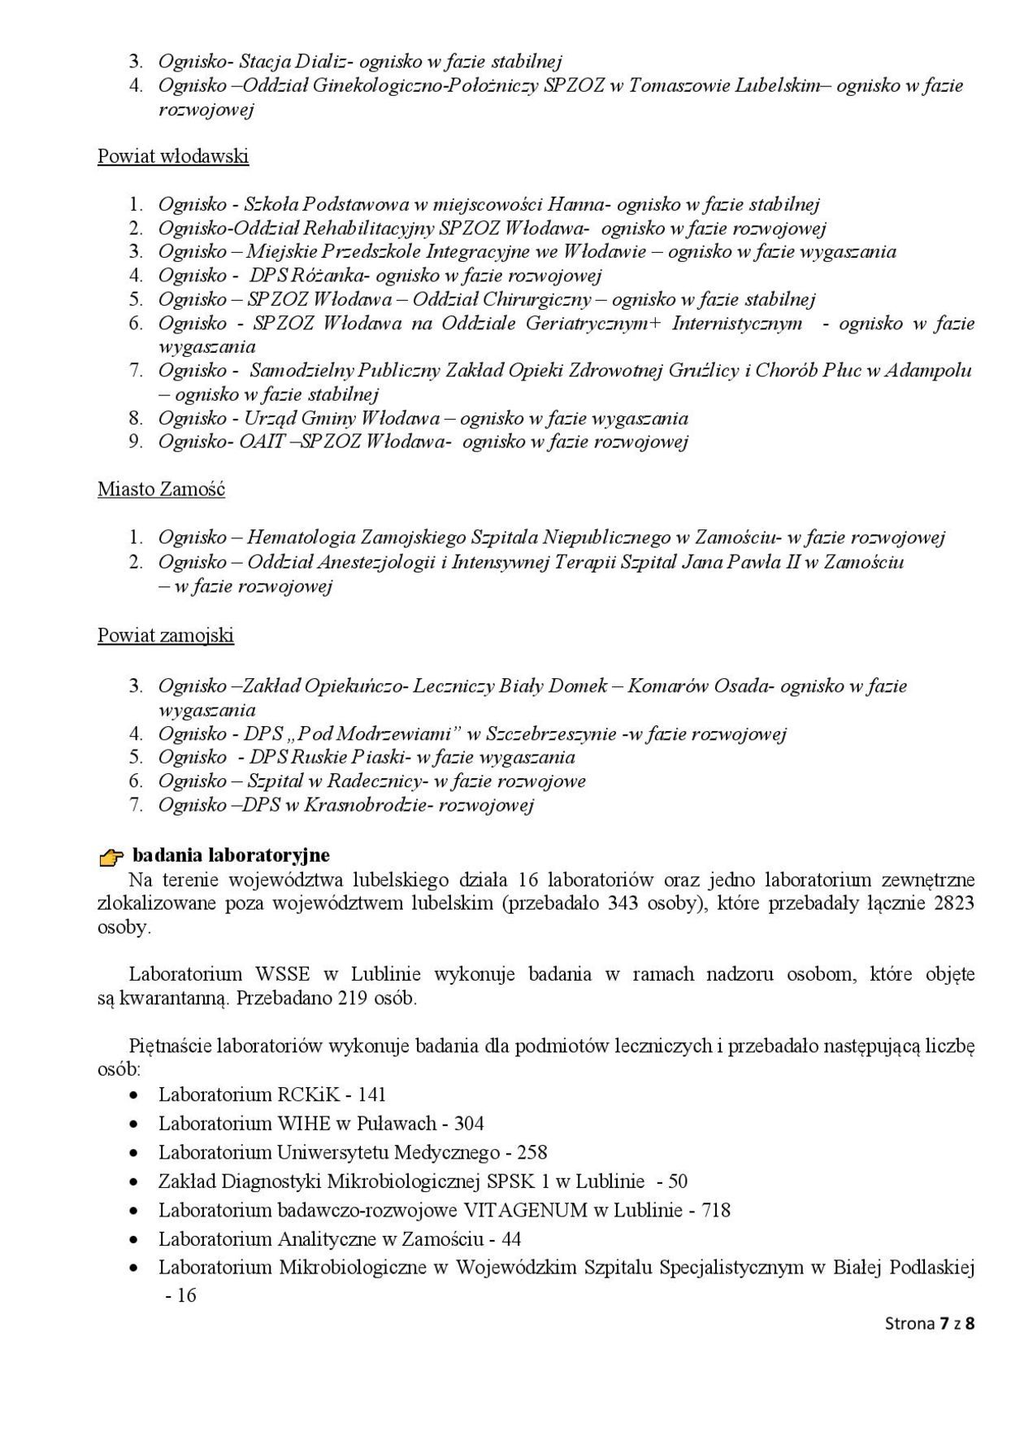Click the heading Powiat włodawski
point(173,156)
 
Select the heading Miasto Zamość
point(161,490)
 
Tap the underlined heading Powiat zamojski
point(166,635)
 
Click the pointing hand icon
point(111,856)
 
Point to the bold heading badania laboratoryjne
point(231,855)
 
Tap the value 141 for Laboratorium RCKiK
point(371,1094)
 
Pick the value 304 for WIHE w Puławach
point(469,1124)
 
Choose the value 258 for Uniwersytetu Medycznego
point(532,1152)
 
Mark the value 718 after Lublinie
point(715,1210)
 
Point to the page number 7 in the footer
point(944,1323)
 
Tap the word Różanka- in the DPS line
point(332,276)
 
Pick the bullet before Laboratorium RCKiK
point(135,1095)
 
